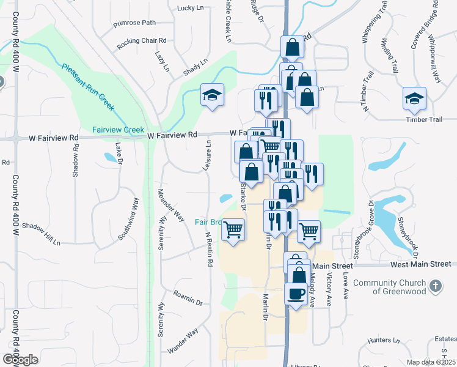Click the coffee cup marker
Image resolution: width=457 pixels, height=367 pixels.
(296, 294)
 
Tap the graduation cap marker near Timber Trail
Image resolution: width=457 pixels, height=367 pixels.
(414, 98)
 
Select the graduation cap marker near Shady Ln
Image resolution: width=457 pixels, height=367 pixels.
(212, 95)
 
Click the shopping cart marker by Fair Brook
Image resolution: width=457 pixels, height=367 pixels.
(233, 230)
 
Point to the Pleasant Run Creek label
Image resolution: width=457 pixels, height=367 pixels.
(88, 87)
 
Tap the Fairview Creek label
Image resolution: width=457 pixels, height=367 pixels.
(118, 130)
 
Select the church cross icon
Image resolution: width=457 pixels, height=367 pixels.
(435, 286)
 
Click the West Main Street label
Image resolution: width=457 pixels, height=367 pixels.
(420, 264)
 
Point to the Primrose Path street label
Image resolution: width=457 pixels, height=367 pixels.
(134, 24)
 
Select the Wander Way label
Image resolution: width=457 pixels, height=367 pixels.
(183, 341)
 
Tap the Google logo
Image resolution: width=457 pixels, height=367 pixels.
(21, 360)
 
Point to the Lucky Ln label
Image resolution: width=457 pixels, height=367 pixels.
(189, 8)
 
